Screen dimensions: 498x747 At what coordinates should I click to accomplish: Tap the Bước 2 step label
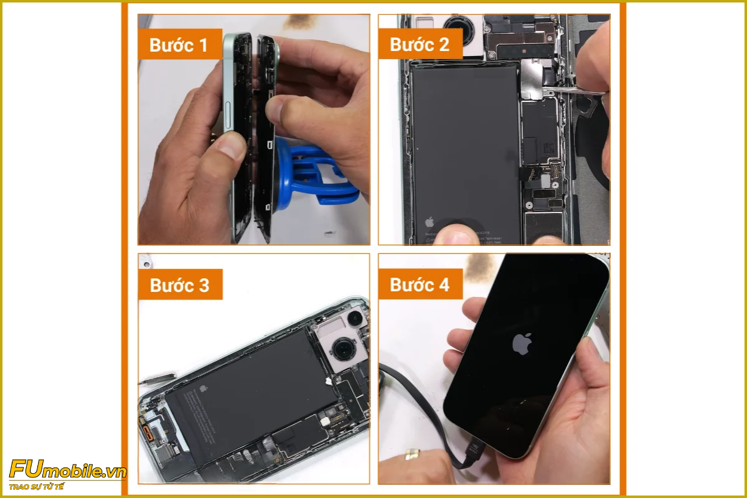coord(420,44)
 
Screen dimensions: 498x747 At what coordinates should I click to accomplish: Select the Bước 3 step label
coord(180,285)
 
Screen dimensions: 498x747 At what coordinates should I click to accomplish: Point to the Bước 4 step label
coord(420,285)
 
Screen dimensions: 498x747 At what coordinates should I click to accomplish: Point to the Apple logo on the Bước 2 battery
coord(429,221)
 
